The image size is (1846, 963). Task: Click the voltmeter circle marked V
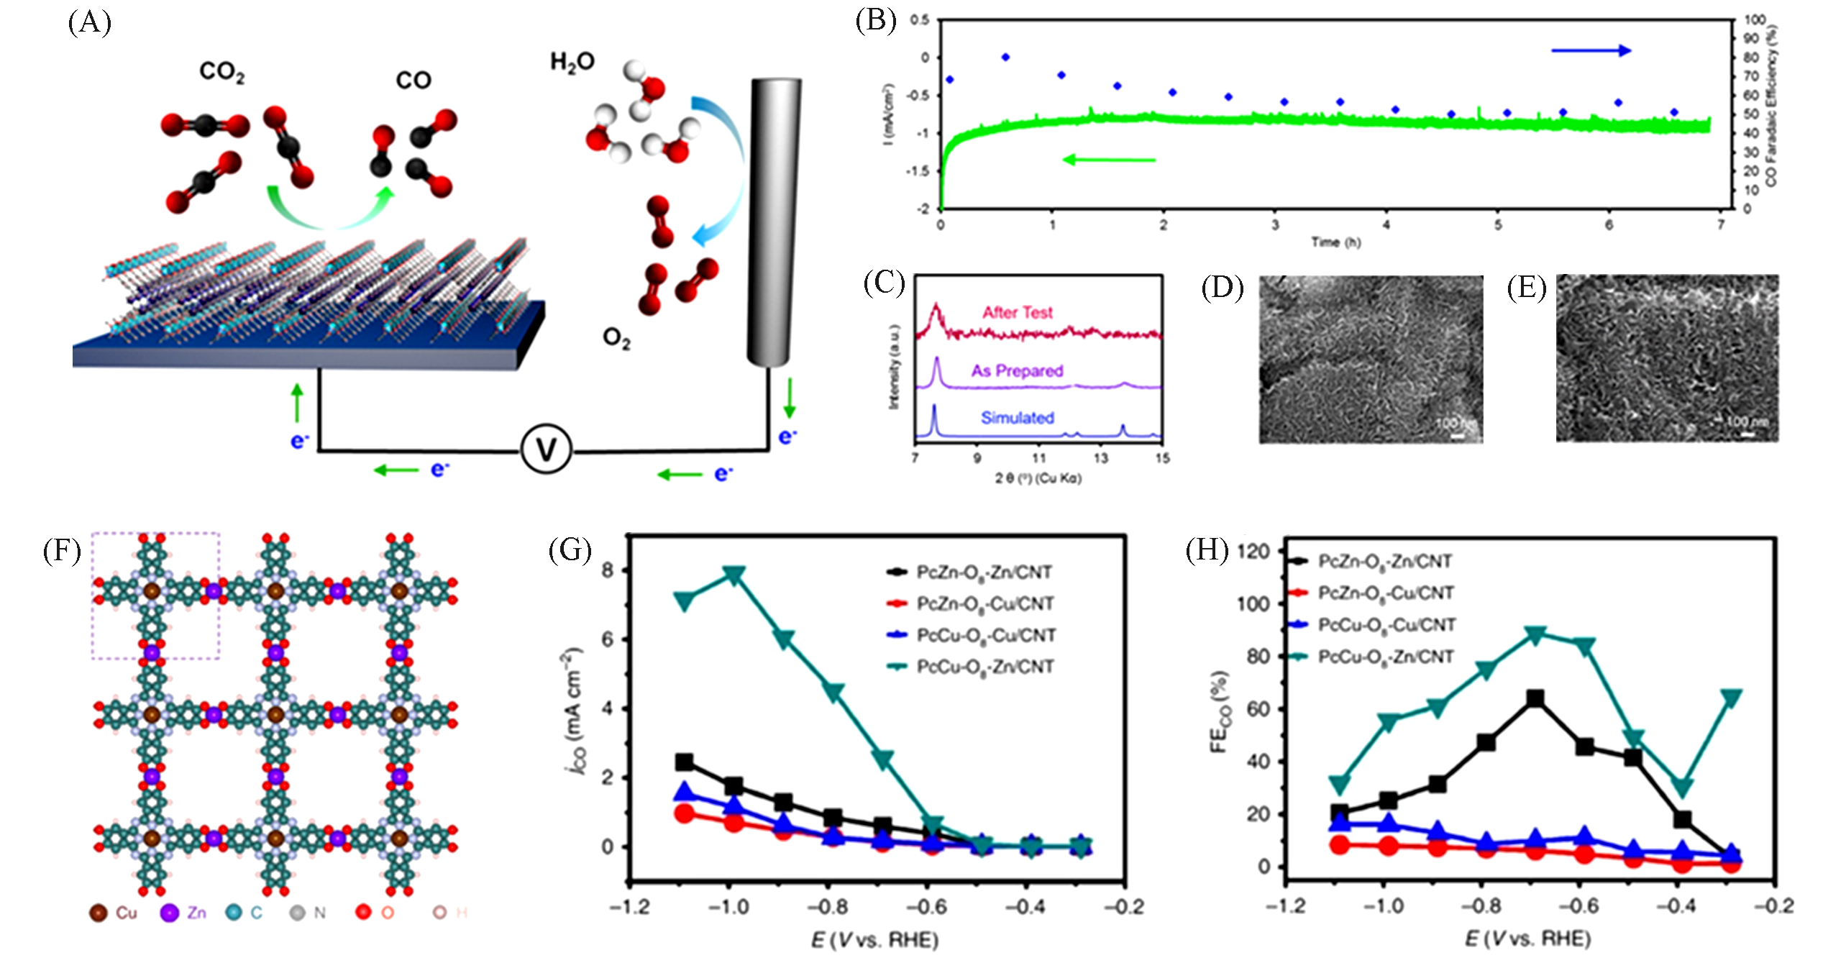[x=546, y=449]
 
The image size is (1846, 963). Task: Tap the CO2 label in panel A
[x=222, y=72]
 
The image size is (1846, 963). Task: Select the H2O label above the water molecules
[x=572, y=63]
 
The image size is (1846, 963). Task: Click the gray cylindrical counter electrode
[x=774, y=223]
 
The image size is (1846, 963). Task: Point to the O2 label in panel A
[x=616, y=338]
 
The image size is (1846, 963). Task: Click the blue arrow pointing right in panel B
[x=1590, y=50]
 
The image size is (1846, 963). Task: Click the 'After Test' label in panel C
[x=1017, y=313]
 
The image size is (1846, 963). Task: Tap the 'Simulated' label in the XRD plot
[x=1017, y=418]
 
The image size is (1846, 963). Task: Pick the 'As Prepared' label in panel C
[x=1017, y=371]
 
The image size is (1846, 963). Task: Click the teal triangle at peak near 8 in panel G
[x=734, y=574]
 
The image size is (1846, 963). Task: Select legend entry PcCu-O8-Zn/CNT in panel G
[x=984, y=667]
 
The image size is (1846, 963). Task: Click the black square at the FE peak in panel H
[x=1535, y=698]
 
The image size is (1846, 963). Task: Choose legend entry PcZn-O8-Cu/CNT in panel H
[x=1385, y=593]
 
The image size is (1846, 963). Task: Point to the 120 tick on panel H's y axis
[x=1252, y=552]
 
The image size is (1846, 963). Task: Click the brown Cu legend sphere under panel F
[x=98, y=913]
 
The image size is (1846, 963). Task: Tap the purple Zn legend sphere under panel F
[x=169, y=913]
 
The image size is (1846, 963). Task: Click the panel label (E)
[x=1526, y=288]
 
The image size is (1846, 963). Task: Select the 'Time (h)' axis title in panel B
[x=1335, y=242]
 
